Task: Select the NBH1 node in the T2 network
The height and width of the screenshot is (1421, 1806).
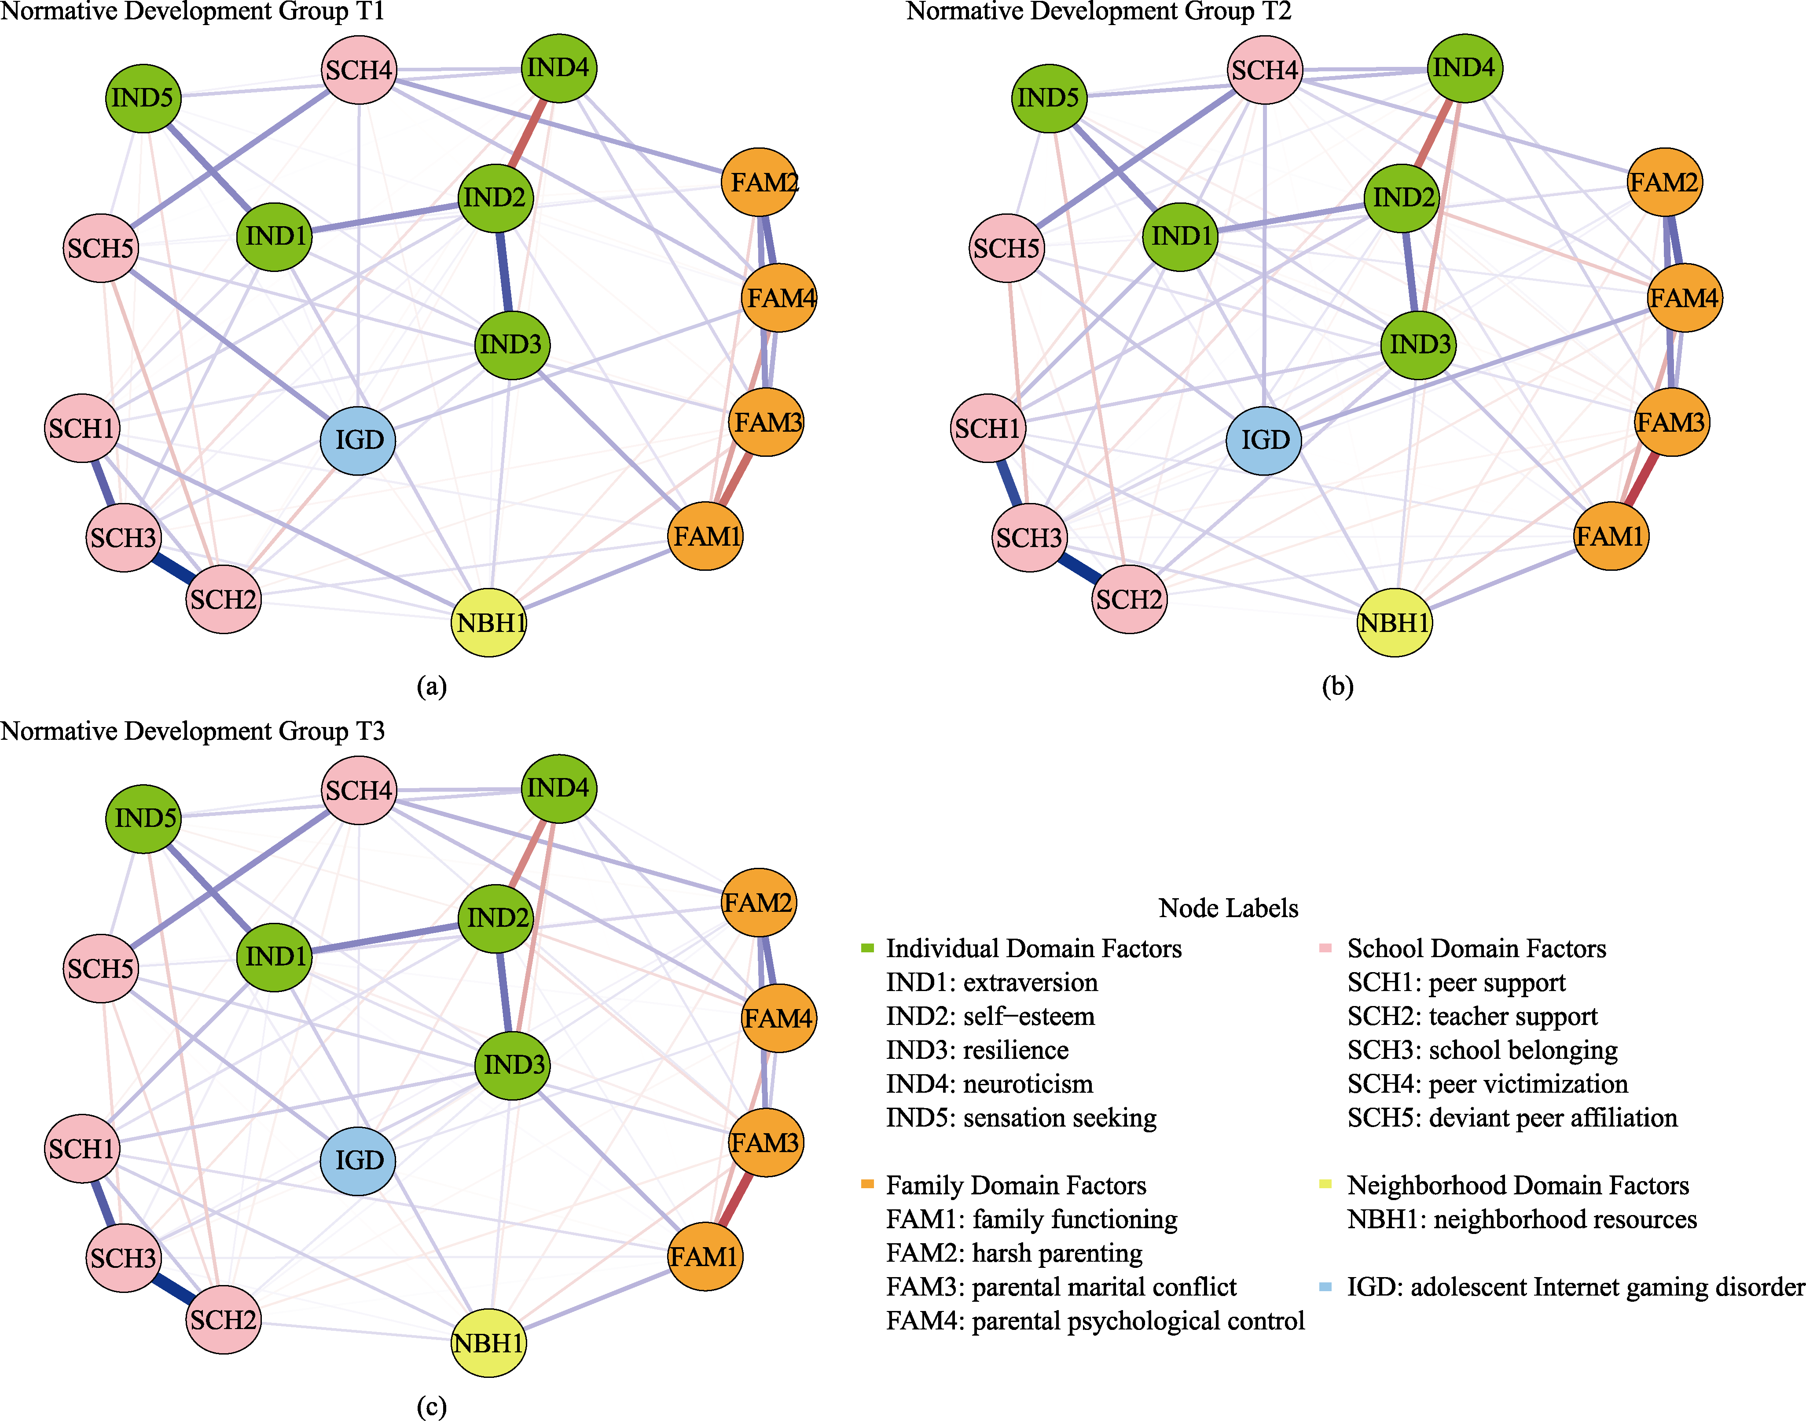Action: click(x=1394, y=622)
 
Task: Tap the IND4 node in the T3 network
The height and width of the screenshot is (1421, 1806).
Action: click(x=558, y=788)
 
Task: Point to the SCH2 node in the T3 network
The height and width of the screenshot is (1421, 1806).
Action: click(x=223, y=1319)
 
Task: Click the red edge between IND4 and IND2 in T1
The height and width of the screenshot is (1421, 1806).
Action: click(x=527, y=132)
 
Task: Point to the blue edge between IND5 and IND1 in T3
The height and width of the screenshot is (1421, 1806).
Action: click(x=209, y=887)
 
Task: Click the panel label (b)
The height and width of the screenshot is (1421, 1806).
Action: click(x=1338, y=687)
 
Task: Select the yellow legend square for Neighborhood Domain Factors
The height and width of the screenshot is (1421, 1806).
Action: click(x=1326, y=1184)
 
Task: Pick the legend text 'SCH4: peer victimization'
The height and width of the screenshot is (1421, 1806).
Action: click(x=1487, y=1084)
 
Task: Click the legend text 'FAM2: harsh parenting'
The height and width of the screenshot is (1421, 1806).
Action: click(x=1014, y=1253)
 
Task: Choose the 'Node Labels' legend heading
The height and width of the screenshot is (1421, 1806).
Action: click(x=1229, y=908)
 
